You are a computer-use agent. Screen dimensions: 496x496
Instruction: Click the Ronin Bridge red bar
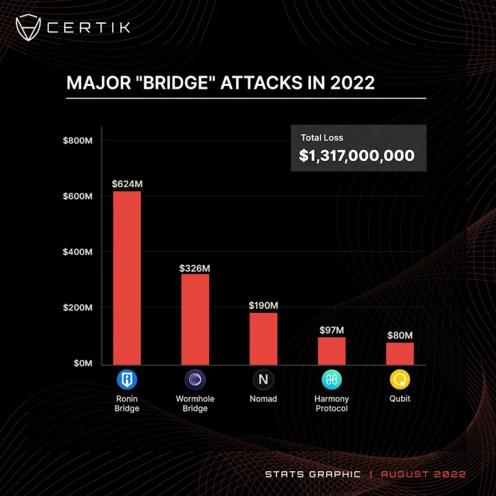tap(127, 278)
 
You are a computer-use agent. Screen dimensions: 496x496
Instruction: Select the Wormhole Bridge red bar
tap(195, 319)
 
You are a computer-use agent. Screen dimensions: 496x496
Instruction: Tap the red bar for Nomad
tap(263, 338)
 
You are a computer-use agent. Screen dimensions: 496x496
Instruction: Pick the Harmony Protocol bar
tap(332, 351)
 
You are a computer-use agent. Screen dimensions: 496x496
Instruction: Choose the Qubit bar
tap(400, 354)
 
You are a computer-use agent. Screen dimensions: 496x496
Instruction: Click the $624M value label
tap(127, 184)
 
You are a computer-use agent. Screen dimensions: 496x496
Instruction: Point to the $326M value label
tap(195, 268)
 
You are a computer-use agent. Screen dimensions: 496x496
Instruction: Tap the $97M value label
tap(332, 330)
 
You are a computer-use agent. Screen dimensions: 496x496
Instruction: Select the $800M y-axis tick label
tap(78, 140)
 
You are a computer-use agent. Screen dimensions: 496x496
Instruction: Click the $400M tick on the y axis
tap(78, 252)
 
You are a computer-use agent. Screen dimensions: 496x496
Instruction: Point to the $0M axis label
tap(83, 363)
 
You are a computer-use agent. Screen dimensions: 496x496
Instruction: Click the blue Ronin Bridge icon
tap(127, 379)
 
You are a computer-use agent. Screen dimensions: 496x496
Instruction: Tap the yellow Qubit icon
tap(400, 379)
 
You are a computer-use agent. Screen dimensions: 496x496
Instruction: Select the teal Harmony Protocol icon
tap(332, 379)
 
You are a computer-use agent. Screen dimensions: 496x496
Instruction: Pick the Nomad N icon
tap(263, 379)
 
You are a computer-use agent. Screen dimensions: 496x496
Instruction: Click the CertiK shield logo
tap(28, 28)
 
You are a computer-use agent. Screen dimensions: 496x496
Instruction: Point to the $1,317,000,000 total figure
tap(357, 155)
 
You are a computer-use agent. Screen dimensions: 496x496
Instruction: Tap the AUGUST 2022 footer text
tap(424, 474)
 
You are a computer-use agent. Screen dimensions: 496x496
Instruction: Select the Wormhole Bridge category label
tap(195, 403)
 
